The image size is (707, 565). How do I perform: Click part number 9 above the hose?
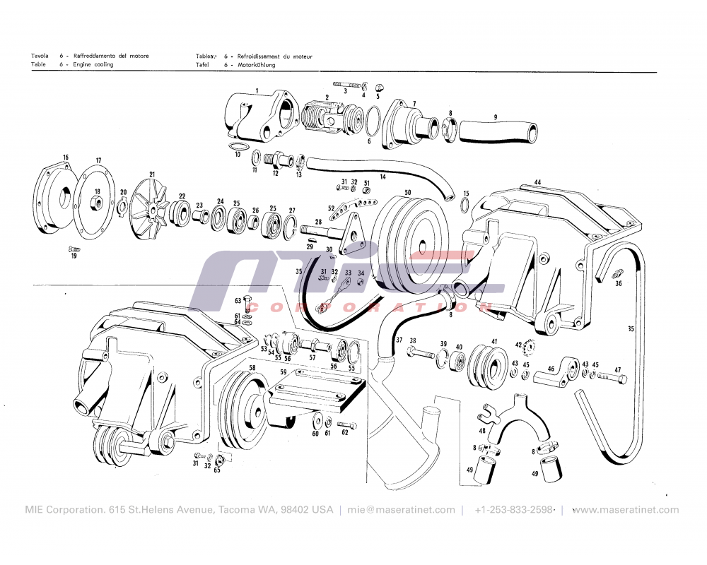click(x=496, y=117)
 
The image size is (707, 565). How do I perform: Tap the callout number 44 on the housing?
click(x=537, y=182)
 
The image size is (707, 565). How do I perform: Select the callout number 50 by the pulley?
click(x=407, y=192)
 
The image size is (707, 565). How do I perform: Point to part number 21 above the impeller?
click(x=151, y=174)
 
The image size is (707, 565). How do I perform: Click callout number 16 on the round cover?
click(x=66, y=157)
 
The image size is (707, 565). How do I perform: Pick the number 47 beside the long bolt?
click(x=617, y=370)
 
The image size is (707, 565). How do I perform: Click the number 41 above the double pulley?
click(x=494, y=342)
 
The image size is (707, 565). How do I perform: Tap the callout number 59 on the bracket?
click(x=283, y=371)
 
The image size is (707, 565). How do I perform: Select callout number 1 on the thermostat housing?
click(x=257, y=90)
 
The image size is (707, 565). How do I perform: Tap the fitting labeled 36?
click(x=619, y=274)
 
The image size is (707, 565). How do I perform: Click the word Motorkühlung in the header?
click(x=257, y=65)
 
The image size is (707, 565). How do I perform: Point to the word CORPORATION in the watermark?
click(x=368, y=308)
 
